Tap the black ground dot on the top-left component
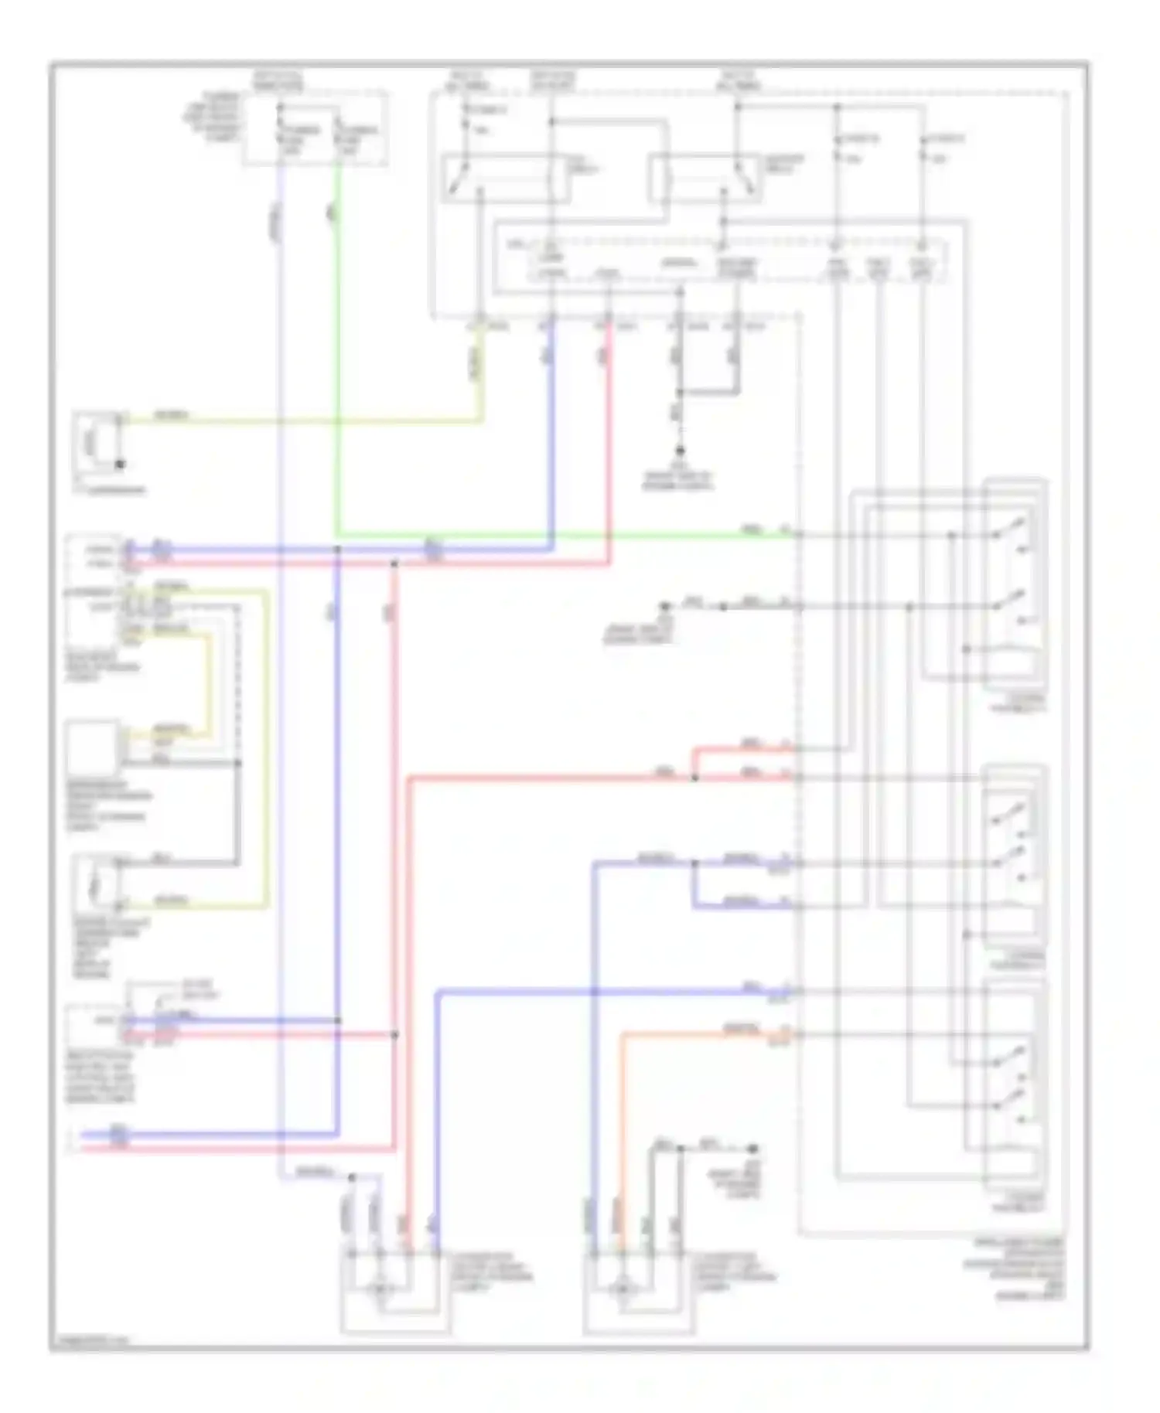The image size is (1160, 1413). tap(120, 465)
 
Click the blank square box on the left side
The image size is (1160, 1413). tap(92, 747)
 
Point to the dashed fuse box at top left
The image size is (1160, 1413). tap(316, 128)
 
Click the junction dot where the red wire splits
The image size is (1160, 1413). tap(694, 778)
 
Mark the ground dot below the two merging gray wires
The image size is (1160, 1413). tap(680, 450)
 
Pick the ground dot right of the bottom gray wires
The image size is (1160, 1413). tap(754, 1149)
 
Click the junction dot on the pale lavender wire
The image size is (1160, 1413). tap(352, 1177)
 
